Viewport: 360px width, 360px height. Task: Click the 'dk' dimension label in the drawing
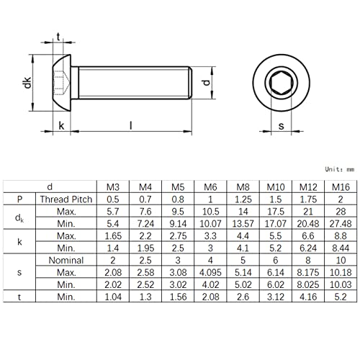[x=27, y=83]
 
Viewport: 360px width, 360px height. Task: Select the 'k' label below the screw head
[x=62, y=125]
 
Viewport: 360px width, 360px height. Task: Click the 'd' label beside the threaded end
[x=207, y=83]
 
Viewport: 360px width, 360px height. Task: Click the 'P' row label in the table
[x=17, y=199]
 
